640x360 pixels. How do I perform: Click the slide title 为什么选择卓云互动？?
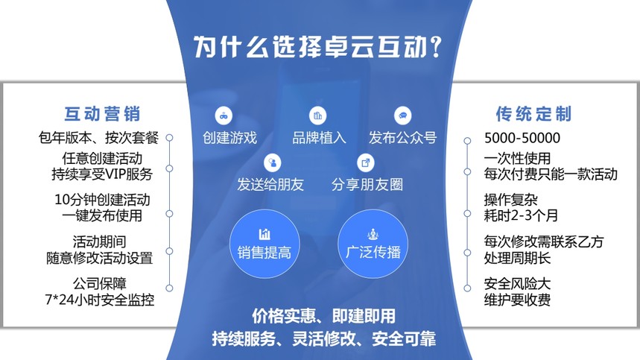[320, 47]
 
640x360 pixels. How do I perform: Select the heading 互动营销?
[102, 114]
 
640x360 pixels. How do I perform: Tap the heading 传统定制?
[533, 114]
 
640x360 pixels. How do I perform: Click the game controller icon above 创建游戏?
[223, 116]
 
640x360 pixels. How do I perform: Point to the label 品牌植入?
[319, 138]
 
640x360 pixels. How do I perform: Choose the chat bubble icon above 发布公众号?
[402, 116]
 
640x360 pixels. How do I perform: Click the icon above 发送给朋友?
[273, 162]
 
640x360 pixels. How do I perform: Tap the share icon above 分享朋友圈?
[366, 162]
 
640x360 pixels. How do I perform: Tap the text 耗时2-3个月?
[521, 215]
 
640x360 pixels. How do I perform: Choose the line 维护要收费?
[517, 299]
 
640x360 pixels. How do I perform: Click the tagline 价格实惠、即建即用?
[323, 315]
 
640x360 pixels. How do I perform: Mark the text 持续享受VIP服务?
[97, 174]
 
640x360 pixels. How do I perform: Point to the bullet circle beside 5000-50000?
[467, 139]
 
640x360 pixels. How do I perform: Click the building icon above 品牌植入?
[318, 116]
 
